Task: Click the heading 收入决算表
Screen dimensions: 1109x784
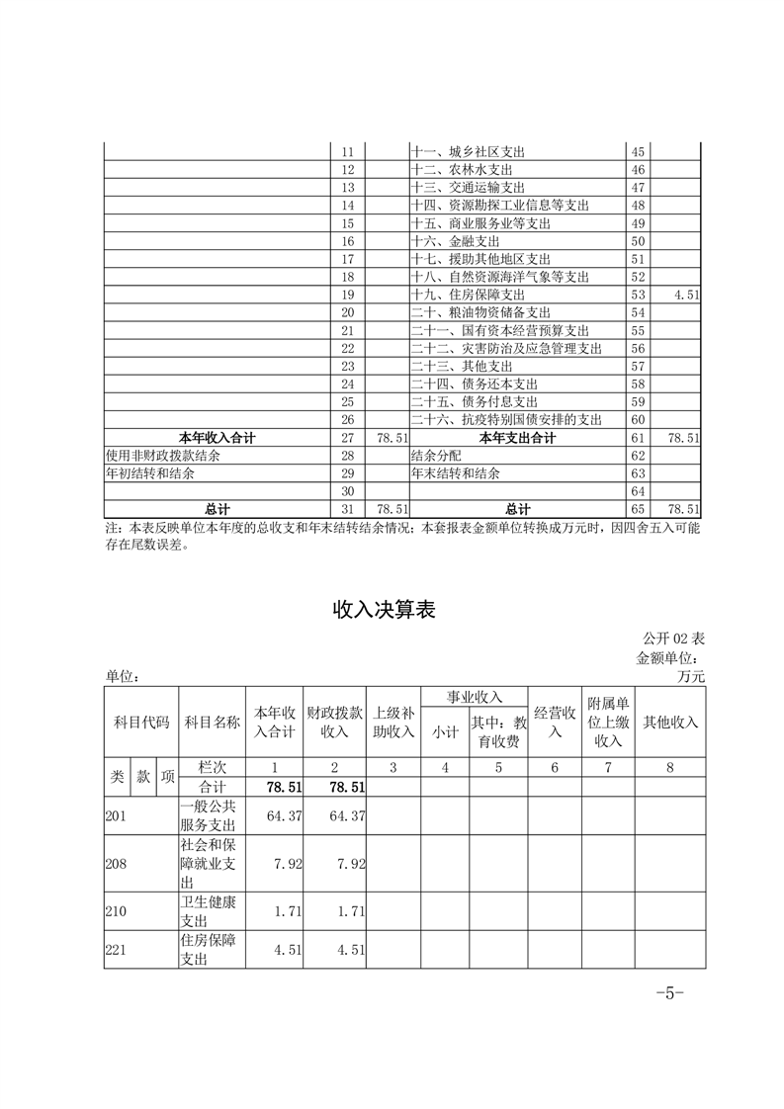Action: tap(384, 610)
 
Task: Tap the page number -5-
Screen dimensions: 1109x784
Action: tap(670, 993)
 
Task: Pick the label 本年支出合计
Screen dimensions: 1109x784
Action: tap(517, 437)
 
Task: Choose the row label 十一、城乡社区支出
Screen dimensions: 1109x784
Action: tap(468, 152)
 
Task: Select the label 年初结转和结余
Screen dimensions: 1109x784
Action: tap(150, 473)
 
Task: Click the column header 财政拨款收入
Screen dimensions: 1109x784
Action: tap(335, 722)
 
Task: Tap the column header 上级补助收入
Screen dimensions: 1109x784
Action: tap(392, 722)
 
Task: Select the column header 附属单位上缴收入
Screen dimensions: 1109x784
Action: tap(607, 722)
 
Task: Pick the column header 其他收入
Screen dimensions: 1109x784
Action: tap(670, 722)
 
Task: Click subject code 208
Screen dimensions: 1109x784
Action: tap(117, 863)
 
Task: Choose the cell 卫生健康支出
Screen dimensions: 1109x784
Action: tap(208, 910)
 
